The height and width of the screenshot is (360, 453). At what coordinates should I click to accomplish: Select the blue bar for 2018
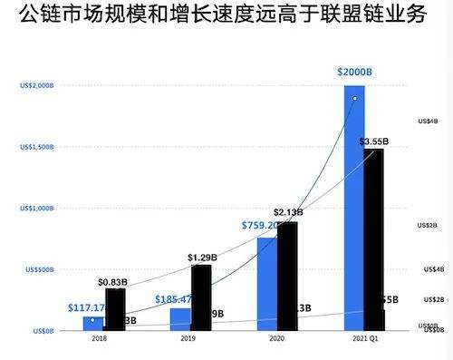coord(93,324)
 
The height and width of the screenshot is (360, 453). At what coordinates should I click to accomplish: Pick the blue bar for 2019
coord(179,320)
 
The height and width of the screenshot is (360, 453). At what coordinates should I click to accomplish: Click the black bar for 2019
coord(201,295)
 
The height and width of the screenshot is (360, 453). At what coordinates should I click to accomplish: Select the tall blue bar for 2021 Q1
coord(354,209)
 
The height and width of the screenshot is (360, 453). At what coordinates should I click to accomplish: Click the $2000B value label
coord(354,72)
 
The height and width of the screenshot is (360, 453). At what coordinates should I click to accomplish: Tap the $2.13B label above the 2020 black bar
coord(287,211)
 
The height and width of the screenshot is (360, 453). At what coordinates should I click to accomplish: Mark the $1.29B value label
coord(201,258)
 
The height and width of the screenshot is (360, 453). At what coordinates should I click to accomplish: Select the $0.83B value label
coord(112,282)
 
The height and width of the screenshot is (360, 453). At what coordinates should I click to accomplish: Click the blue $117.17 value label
coord(87,307)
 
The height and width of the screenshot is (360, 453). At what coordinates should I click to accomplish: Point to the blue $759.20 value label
coord(259,225)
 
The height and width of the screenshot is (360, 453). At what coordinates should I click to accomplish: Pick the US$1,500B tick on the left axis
coord(37,147)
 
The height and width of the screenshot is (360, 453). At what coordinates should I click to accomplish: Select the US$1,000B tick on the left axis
coord(37,209)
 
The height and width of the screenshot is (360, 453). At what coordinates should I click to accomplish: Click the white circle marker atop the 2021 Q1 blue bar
coord(355,98)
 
